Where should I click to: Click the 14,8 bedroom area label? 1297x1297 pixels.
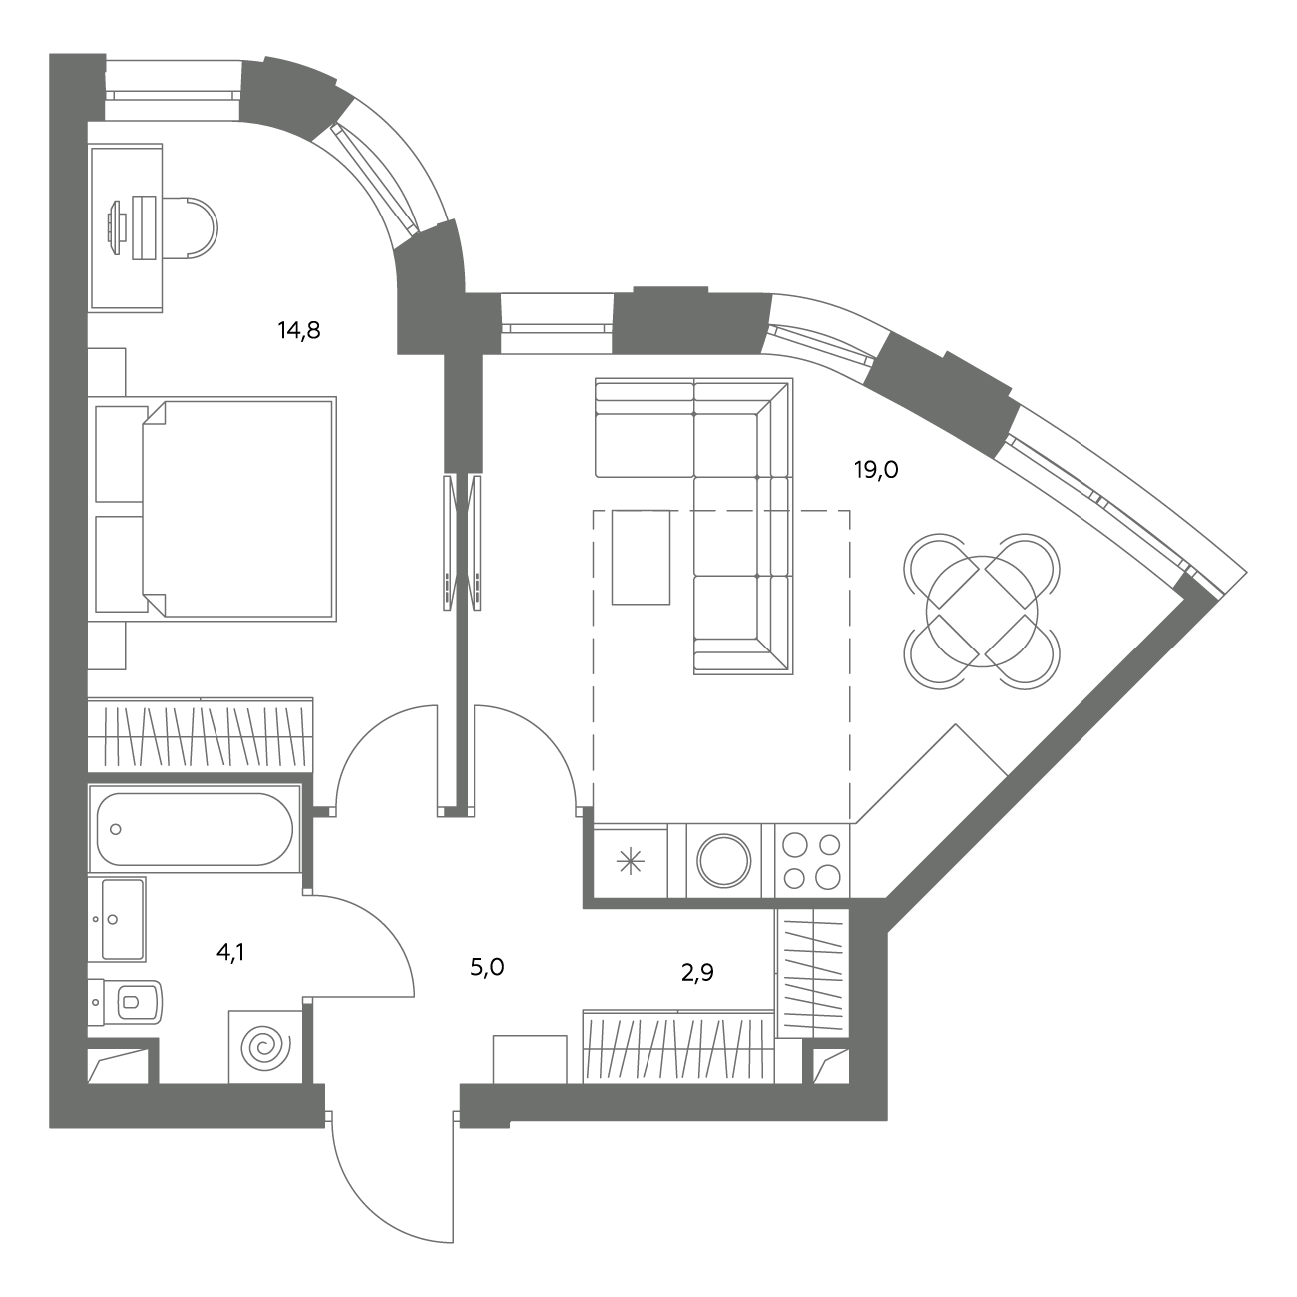click(x=299, y=331)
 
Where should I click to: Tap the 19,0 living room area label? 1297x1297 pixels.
click(x=876, y=470)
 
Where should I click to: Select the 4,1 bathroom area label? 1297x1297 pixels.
click(x=230, y=953)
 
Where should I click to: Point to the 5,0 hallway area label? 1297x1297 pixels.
click(x=487, y=968)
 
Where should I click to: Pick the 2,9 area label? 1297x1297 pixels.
click(x=697, y=973)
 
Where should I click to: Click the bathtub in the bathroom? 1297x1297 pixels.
click(x=195, y=828)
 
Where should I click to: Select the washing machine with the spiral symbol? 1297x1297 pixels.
click(x=265, y=1047)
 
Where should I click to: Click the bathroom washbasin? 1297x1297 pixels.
click(x=117, y=919)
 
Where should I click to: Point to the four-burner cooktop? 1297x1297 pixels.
click(x=812, y=860)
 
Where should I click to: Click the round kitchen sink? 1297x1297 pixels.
click(x=724, y=861)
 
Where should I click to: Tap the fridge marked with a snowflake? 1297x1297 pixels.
click(x=631, y=861)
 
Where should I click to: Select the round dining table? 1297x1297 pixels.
click(x=982, y=612)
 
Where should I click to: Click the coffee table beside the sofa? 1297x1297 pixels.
click(x=641, y=558)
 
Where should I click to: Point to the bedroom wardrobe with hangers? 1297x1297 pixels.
click(x=201, y=734)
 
